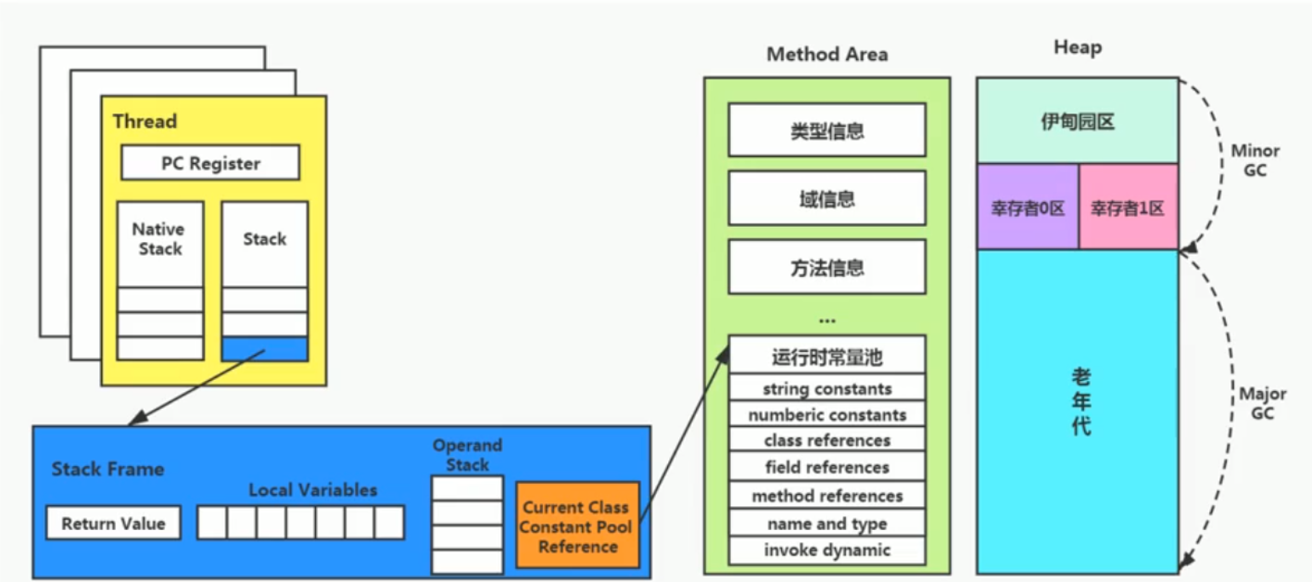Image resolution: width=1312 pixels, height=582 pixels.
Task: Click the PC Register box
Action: click(x=210, y=163)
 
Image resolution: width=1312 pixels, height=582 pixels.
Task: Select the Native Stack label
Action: click(x=158, y=239)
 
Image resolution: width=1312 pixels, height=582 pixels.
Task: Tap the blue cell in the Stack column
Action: click(x=264, y=349)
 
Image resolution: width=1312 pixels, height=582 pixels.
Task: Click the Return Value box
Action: click(x=113, y=524)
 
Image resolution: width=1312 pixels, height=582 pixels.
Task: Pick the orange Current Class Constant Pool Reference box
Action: click(x=577, y=526)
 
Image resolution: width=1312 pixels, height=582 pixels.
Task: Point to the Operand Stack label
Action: click(x=467, y=455)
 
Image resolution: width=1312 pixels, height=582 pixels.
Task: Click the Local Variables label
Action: click(x=312, y=490)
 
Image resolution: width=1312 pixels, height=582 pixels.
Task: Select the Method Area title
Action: click(x=826, y=55)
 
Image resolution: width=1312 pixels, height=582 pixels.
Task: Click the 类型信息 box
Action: click(x=826, y=131)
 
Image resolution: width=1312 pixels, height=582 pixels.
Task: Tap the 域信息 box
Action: click(x=826, y=198)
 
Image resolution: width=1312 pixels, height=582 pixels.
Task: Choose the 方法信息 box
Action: click(x=826, y=268)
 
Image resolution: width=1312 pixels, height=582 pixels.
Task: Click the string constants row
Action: click(x=826, y=389)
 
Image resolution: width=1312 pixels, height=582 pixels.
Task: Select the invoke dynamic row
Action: click(x=826, y=550)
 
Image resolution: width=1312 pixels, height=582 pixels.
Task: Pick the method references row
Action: click(x=826, y=496)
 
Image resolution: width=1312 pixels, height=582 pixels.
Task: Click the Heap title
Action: click(x=1077, y=47)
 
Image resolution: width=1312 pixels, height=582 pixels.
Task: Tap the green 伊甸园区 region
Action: click(x=1077, y=121)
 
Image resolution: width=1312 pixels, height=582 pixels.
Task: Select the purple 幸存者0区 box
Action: click(x=1028, y=208)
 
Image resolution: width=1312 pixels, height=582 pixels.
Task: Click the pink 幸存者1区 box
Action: click(x=1128, y=208)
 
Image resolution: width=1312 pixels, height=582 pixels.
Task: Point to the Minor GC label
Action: click(x=1255, y=160)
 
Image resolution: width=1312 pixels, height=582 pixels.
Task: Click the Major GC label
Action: click(x=1262, y=404)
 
